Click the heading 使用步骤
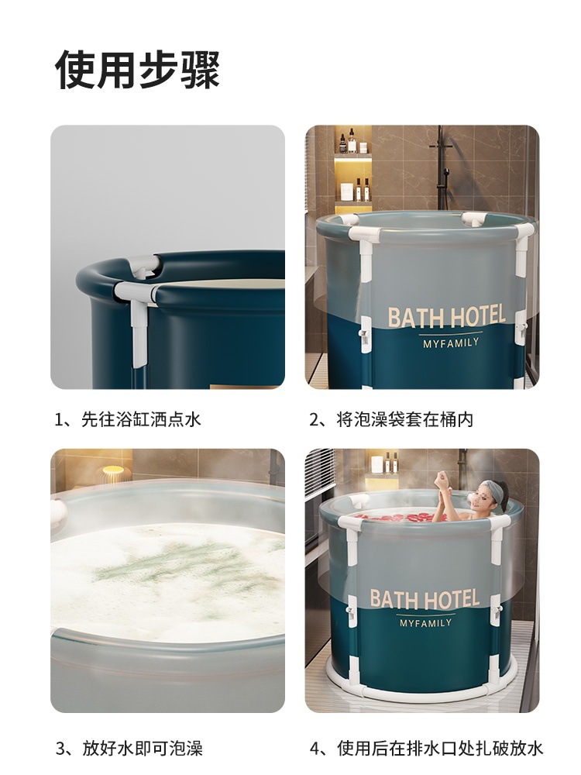point(137,70)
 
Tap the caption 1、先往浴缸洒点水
point(128,419)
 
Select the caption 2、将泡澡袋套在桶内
point(391,419)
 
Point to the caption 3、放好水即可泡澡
point(129,748)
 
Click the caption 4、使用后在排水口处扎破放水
point(426,748)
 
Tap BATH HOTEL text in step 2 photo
point(446,317)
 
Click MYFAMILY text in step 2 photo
point(451,343)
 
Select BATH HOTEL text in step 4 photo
point(425,598)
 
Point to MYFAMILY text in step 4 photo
point(425,623)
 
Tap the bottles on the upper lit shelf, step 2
point(352,141)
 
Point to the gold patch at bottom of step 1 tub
point(241,386)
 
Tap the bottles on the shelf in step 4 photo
point(384,463)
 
